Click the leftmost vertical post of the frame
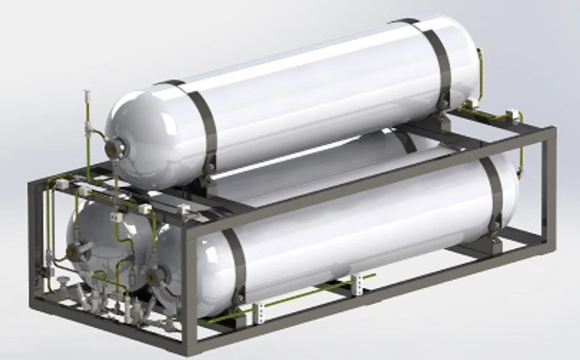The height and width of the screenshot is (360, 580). (34, 243)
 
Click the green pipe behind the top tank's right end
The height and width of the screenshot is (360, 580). (480, 75)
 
